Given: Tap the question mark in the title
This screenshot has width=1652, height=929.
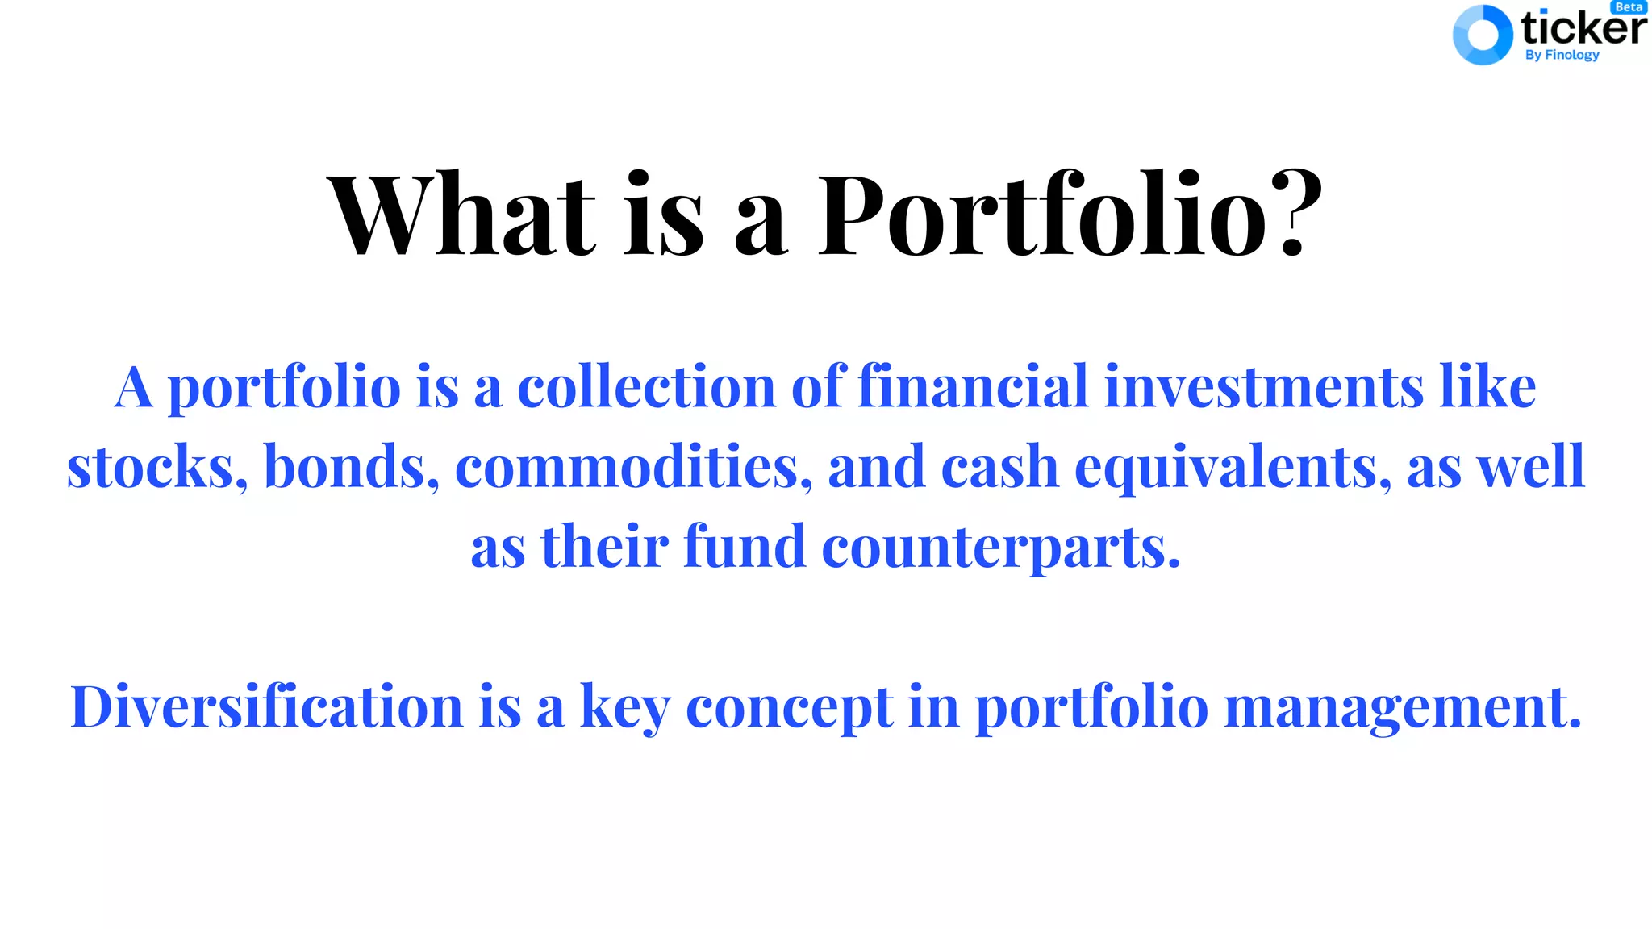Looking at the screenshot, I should pyautogui.click(x=1291, y=213).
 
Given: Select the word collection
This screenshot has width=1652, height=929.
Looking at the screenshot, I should pyautogui.click(x=646, y=387).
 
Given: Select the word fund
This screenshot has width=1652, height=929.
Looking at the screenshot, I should pyautogui.click(x=745, y=547).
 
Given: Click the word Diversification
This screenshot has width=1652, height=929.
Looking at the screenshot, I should pyautogui.click(x=267, y=706).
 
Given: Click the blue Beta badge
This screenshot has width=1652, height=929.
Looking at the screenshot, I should pyautogui.click(x=1629, y=7).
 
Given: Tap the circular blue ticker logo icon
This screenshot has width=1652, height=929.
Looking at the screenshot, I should pyautogui.click(x=1482, y=35).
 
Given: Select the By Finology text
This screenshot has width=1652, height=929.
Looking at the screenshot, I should pyautogui.click(x=1562, y=55).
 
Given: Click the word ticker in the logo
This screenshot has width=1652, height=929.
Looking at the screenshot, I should pyautogui.click(x=1583, y=29).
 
